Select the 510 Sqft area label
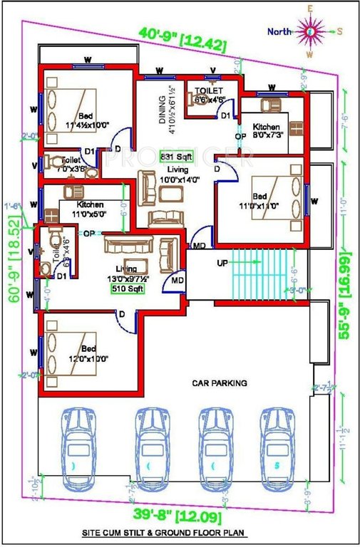pyautogui.click(x=127, y=289)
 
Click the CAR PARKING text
pyautogui.click(x=219, y=383)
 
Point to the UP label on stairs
pyautogui.click(x=223, y=263)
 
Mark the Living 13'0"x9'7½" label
pyautogui.click(x=127, y=273)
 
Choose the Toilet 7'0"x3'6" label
pyautogui.click(x=71, y=165)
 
